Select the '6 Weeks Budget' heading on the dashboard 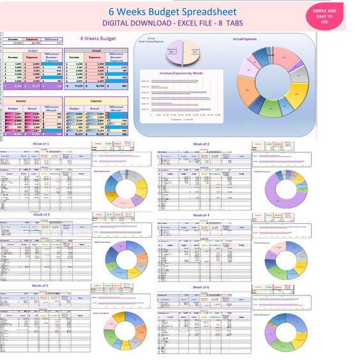[x=98, y=39]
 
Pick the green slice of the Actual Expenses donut [x=273, y=109]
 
